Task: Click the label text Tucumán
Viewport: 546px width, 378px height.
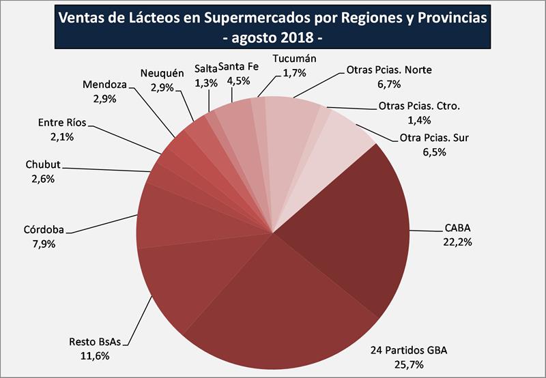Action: pos(294,59)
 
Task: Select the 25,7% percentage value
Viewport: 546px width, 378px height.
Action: pos(408,364)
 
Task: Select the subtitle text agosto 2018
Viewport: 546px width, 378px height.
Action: pos(273,35)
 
